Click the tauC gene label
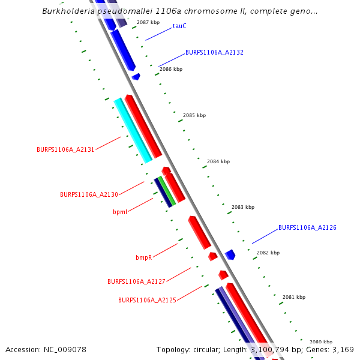[179, 26]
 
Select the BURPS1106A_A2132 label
[214, 53]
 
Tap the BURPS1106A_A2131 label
[65, 149]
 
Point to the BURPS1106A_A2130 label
[89, 194]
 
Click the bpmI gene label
[120, 212]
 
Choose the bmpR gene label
[143, 257]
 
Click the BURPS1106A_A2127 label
[136, 281]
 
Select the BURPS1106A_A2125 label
[147, 300]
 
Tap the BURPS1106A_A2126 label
[307, 228]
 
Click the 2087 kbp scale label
[148, 22]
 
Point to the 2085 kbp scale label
[194, 115]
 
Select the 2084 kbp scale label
[218, 161]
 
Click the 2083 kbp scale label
[242, 207]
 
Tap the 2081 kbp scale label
[294, 297]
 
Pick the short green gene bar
[167, 191]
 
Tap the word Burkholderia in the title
[68, 11]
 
